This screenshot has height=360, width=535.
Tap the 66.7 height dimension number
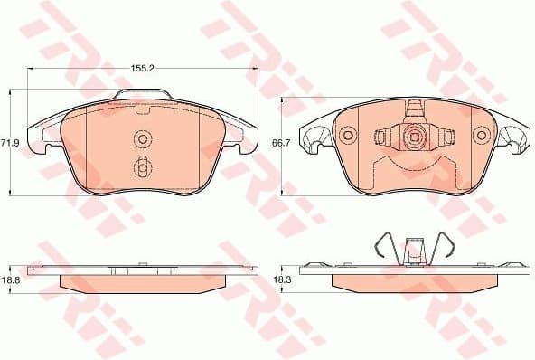pos(281,142)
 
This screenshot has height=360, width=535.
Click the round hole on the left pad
pos(142,138)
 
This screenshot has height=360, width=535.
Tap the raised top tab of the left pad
pos(142,96)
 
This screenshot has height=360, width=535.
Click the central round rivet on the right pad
pos(414,138)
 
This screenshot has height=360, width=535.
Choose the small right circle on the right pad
pos(480,137)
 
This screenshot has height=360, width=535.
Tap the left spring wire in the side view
pos(383,248)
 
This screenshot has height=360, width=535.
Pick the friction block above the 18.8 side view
pos(140,283)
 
